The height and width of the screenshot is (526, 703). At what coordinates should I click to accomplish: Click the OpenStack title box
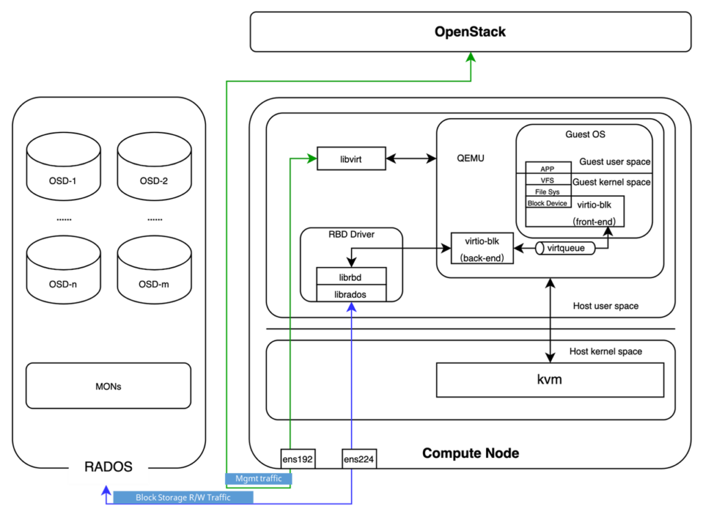[x=470, y=32]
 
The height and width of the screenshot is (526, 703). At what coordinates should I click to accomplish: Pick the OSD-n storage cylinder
[x=63, y=269]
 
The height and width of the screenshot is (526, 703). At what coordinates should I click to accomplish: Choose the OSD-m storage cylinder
[x=153, y=269]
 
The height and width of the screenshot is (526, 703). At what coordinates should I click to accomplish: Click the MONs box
[x=108, y=386]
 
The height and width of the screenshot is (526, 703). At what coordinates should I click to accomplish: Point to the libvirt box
[x=350, y=159]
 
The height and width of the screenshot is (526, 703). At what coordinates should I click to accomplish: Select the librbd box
[x=351, y=277]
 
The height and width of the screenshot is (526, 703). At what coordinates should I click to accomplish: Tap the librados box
[x=351, y=294]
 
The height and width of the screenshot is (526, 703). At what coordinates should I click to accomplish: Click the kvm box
[x=549, y=380]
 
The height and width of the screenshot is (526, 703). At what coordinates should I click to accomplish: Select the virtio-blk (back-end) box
[x=483, y=249]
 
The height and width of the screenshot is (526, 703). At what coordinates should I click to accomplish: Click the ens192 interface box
[x=297, y=459]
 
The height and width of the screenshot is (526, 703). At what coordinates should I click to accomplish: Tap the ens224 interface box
[x=359, y=459]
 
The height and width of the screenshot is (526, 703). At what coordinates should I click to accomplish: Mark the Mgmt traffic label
[x=258, y=479]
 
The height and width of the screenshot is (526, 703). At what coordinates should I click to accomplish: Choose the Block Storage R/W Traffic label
[x=183, y=497]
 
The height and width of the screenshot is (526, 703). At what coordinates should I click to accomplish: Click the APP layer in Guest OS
[x=547, y=168]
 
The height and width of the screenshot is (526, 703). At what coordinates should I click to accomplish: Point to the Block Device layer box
[x=547, y=203]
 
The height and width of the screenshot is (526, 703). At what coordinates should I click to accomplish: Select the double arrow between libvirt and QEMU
[x=411, y=159]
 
